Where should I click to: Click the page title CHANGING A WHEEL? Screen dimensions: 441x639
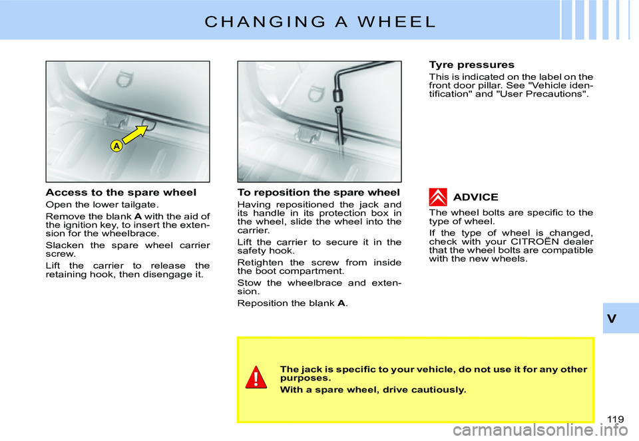(x=320, y=21)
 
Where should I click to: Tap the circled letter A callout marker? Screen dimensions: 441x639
(x=115, y=146)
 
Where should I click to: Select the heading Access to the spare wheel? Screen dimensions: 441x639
(x=120, y=192)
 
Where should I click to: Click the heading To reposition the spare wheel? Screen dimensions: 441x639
(x=318, y=192)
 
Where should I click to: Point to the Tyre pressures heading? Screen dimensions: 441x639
(x=471, y=65)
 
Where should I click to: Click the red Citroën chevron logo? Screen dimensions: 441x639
(x=437, y=197)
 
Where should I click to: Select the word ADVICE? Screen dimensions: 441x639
(x=475, y=198)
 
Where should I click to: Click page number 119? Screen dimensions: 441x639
(x=615, y=418)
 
